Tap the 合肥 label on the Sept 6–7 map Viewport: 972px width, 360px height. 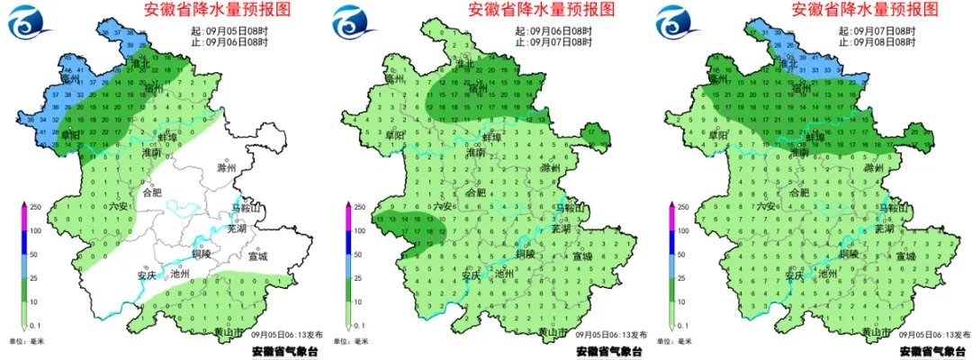[x=475, y=192]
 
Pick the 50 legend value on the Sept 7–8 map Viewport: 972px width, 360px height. [x=687, y=255]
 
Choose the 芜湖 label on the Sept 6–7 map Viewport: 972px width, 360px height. [x=561, y=229]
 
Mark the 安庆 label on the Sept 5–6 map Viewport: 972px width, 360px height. [x=147, y=274]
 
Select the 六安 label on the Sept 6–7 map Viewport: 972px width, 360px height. [x=443, y=206]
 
